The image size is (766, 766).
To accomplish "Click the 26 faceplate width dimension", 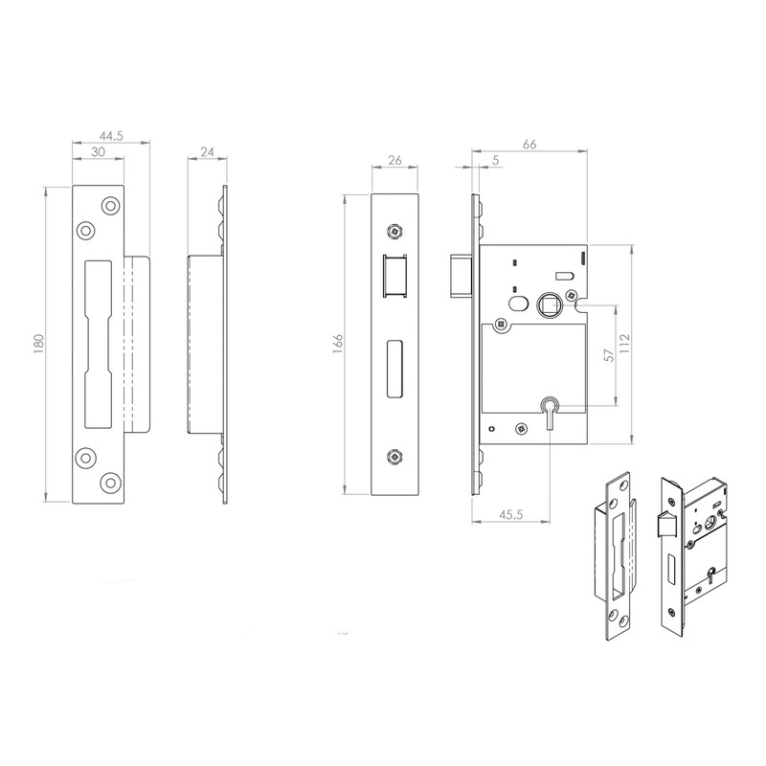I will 394,161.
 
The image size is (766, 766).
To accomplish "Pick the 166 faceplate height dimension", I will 338,345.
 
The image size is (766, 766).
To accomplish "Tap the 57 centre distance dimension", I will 609,355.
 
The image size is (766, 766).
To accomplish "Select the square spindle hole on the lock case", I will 551,305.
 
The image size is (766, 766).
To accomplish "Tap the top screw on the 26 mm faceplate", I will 394,230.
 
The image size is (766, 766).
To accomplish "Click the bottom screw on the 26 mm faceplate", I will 394,457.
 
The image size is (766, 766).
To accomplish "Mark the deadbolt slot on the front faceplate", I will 394,368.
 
